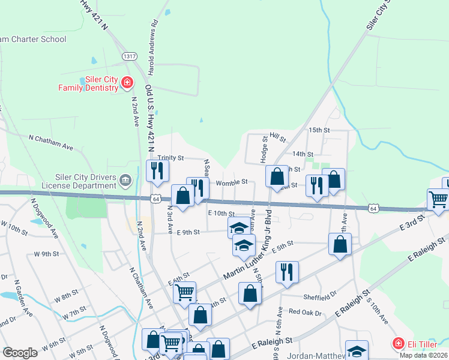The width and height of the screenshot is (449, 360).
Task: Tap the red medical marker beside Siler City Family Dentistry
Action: click(x=127, y=83)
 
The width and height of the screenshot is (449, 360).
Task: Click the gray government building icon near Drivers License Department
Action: click(x=125, y=179)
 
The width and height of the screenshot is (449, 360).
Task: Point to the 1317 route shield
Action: click(x=128, y=56)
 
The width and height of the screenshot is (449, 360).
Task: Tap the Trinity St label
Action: click(x=171, y=157)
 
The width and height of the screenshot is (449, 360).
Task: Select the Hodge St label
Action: click(x=264, y=146)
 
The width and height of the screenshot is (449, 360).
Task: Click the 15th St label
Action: click(x=319, y=130)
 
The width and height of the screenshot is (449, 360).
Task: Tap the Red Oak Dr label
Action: click(x=306, y=312)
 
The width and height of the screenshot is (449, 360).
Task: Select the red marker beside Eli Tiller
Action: click(x=397, y=343)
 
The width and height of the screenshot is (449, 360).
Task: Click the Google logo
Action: click(x=20, y=352)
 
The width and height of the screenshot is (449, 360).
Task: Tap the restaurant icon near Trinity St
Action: click(x=158, y=171)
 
